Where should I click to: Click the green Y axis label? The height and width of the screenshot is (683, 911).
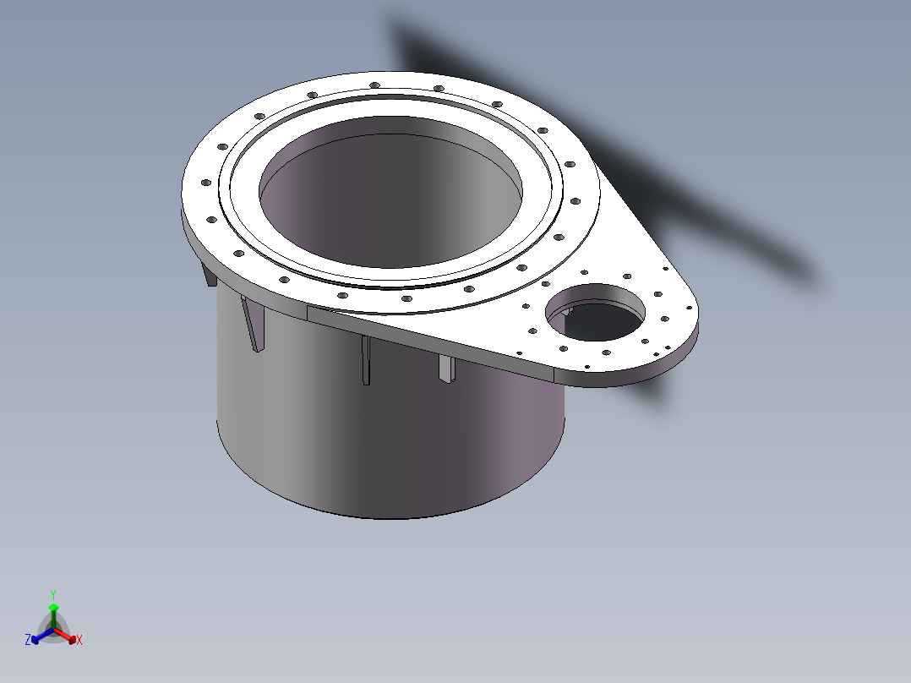pyautogui.click(x=53, y=594)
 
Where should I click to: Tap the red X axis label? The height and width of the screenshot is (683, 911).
pyautogui.click(x=79, y=640)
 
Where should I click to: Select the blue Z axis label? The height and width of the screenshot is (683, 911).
pyautogui.click(x=27, y=639)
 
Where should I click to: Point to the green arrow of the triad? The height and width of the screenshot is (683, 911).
pyautogui.click(x=53, y=615)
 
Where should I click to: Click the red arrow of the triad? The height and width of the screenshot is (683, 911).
pyautogui.click(x=65, y=636)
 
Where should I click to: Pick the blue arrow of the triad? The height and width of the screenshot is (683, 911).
pyautogui.click(x=42, y=636)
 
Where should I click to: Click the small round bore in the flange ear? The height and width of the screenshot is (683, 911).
pyautogui.click(x=596, y=312)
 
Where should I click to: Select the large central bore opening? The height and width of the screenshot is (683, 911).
pyautogui.click(x=390, y=192)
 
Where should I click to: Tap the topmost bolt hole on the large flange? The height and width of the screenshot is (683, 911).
pyautogui.click(x=374, y=85)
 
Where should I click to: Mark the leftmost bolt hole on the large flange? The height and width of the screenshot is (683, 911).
pyautogui.click(x=205, y=183)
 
